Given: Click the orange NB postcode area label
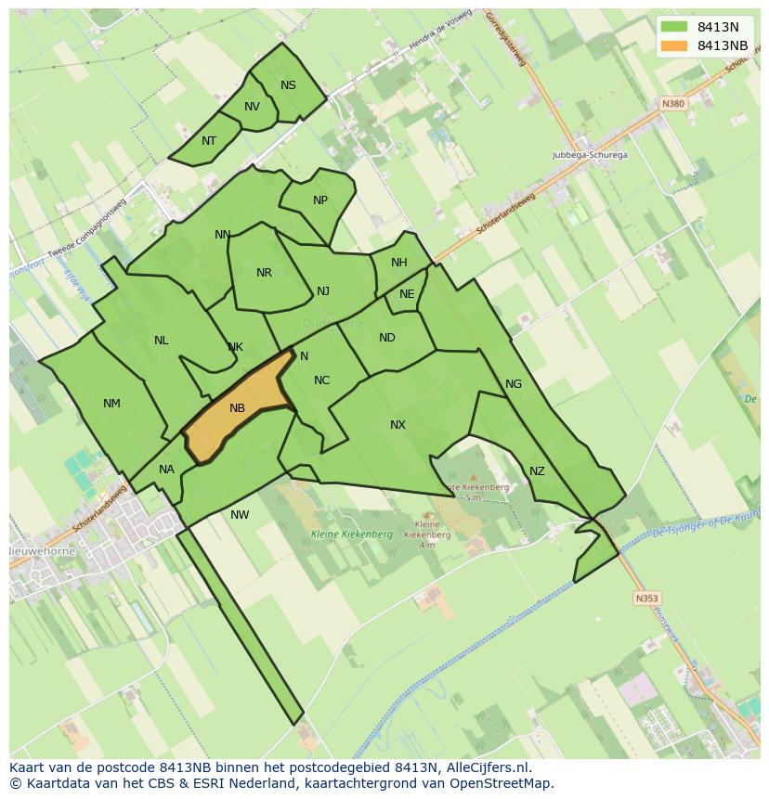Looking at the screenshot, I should coord(237,408).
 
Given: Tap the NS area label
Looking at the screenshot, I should coord(288,85).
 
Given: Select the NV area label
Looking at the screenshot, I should coord(252,107).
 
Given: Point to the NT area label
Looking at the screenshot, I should coord(209,141).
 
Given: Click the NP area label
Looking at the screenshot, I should coord(320,200).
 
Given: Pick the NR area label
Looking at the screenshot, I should coord(264,273).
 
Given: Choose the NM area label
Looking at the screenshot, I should coord(111,404).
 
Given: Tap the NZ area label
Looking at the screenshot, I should coord(537,471).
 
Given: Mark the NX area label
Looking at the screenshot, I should coord(398,425).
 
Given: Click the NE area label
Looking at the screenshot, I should coord(407,294).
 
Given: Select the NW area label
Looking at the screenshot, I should coord(240,515).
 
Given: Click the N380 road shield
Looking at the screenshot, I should coord(673,104).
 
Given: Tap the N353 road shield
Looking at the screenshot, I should coord(647,599).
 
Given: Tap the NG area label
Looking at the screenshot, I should coord(514,384).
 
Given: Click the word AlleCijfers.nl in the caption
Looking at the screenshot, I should coord(488,767).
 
